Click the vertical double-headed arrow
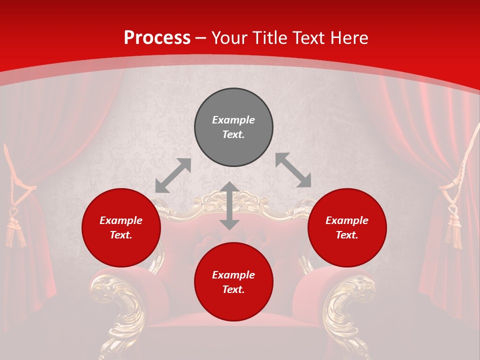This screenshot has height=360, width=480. click(229, 205)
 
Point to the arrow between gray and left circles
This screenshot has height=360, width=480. click(173, 175)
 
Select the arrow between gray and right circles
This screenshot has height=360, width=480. click(293, 170)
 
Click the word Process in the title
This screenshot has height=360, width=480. click(157, 37)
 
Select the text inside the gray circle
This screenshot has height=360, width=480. click(233, 127)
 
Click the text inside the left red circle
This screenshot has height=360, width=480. click(121, 227)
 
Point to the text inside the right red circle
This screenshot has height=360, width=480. click(347, 227)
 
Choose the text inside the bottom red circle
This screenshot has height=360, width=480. click(233, 282)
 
